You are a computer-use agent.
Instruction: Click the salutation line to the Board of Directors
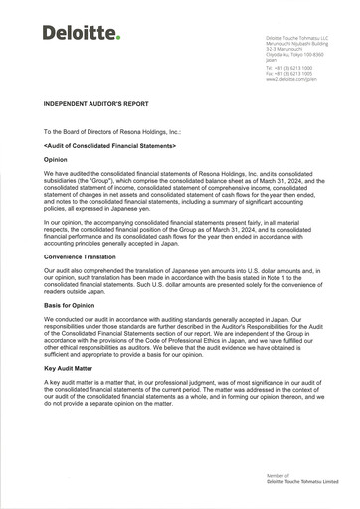[110, 131]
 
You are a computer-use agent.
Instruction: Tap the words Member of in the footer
[278, 476]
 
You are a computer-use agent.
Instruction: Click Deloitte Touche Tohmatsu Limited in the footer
[301, 482]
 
